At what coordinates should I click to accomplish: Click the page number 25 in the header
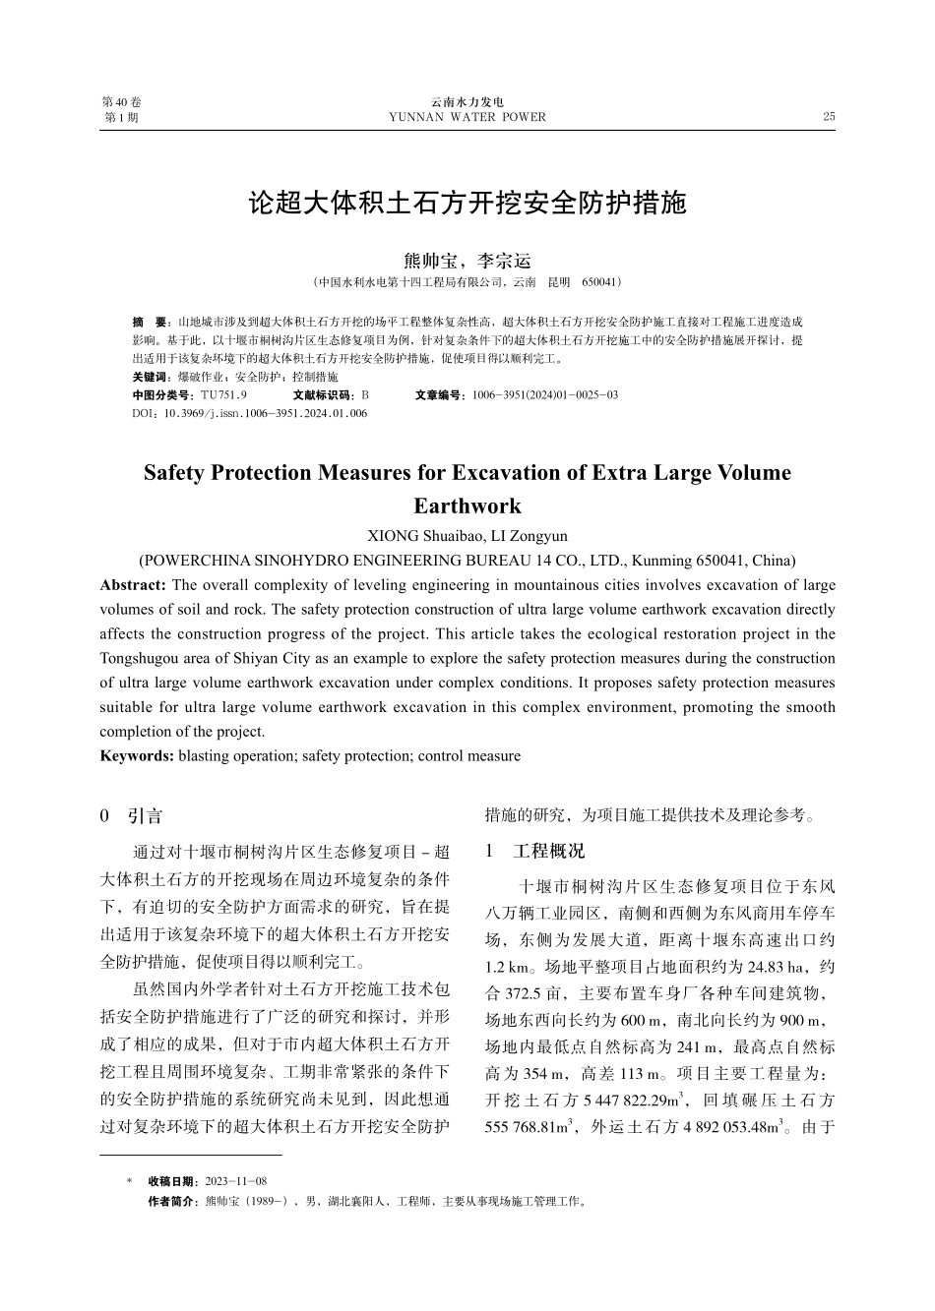828,117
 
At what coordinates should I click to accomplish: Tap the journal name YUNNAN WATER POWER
467,117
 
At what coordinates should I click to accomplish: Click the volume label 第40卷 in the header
121,102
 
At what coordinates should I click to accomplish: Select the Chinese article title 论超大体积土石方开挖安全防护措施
467,204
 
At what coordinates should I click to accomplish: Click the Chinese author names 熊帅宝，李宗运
467,261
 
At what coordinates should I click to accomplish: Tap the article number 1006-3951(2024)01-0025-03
544,394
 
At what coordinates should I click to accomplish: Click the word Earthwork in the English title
467,507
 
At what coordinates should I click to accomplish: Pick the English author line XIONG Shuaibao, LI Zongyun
467,536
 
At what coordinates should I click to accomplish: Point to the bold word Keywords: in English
137,756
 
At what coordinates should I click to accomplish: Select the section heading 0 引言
131,816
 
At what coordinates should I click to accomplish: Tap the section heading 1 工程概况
534,851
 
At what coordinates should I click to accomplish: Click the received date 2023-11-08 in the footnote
235,1181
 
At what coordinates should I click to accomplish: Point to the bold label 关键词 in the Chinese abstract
149,377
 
